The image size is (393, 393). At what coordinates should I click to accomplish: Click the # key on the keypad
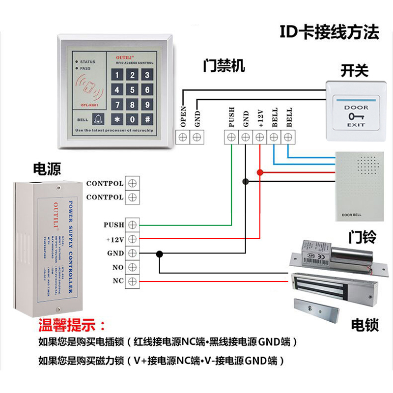pos(147,119)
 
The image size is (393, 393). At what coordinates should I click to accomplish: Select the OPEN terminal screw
pos(183,137)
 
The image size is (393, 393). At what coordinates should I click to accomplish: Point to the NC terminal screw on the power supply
pos(132,281)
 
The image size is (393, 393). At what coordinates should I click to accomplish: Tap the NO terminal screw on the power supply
pos(132,267)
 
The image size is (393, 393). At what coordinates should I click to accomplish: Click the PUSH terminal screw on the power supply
pos(132,225)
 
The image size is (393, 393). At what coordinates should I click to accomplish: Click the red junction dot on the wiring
pos(260,172)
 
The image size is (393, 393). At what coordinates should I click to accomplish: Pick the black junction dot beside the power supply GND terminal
pos(159,253)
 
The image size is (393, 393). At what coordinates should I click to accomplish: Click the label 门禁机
pos(224,66)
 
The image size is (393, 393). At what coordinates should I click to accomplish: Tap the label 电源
pos(47,169)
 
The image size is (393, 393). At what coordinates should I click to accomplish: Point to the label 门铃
pos(362,238)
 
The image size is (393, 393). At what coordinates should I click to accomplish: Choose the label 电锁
pos(365,325)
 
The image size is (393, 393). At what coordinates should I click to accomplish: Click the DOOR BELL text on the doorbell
pos(350,215)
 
